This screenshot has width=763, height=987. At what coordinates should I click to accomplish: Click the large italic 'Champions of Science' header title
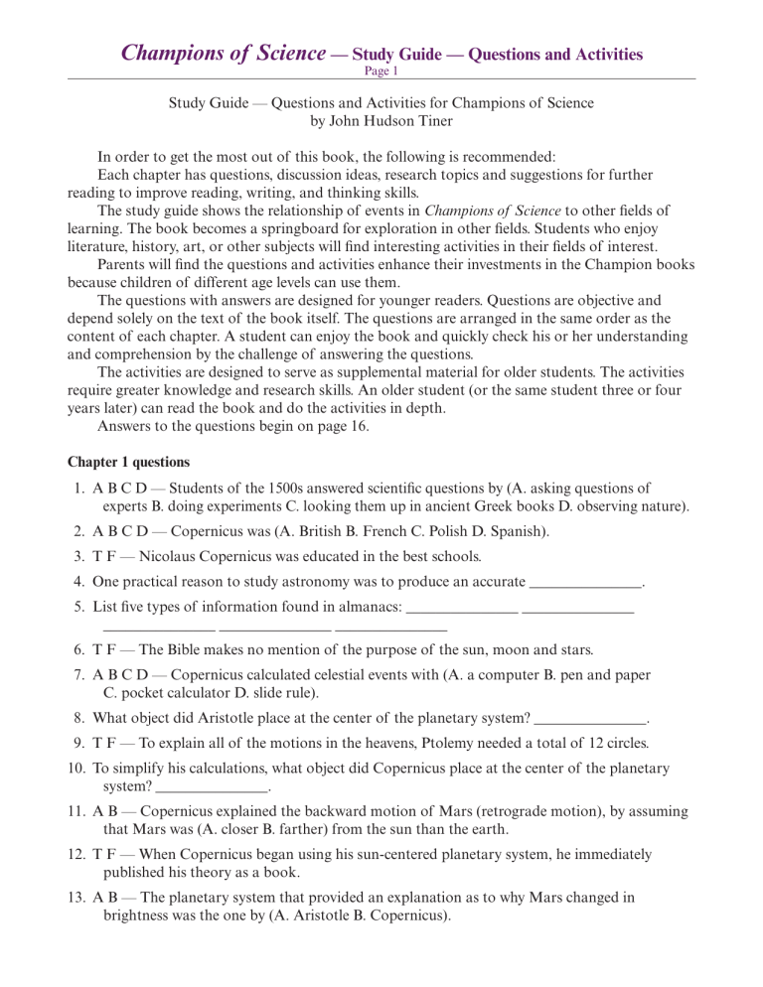[224, 52]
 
